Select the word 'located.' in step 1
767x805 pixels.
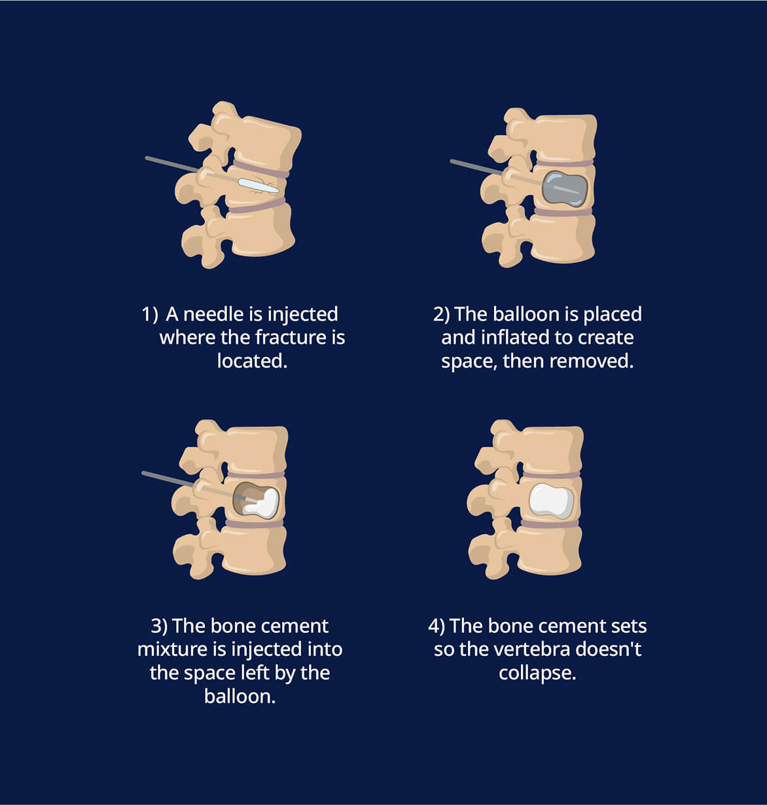[x=252, y=361]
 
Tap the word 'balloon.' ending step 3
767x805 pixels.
[x=240, y=696]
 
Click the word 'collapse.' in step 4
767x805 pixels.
[x=537, y=673]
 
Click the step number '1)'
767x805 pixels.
[x=150, y=314]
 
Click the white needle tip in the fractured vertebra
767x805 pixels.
[x=258, y=186]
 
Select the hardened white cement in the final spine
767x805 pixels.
[x=551, y=501]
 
